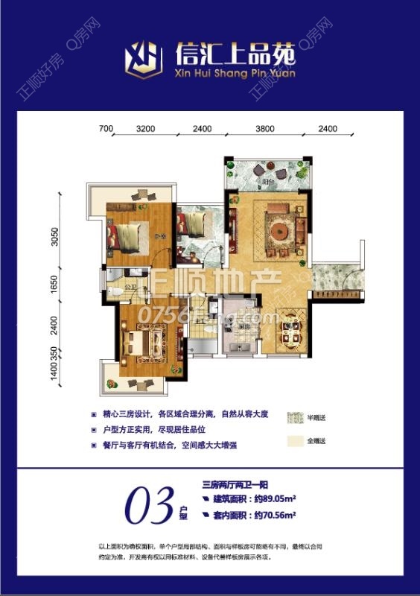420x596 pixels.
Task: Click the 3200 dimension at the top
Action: pyautogui.click(x=146, y=128)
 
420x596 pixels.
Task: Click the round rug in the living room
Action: pyautogui.click(x=280, y=232)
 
